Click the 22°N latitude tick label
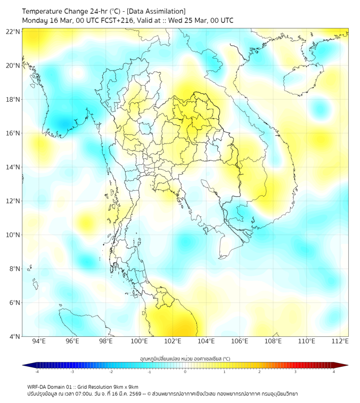tap(13, 31)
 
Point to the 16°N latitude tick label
tap(13, 133)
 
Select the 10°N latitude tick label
tap(13, 235)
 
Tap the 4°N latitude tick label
tap(14, 336)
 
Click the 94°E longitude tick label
tap(39, 341)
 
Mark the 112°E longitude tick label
tap(340, 341)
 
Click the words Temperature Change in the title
tap(56, 11)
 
